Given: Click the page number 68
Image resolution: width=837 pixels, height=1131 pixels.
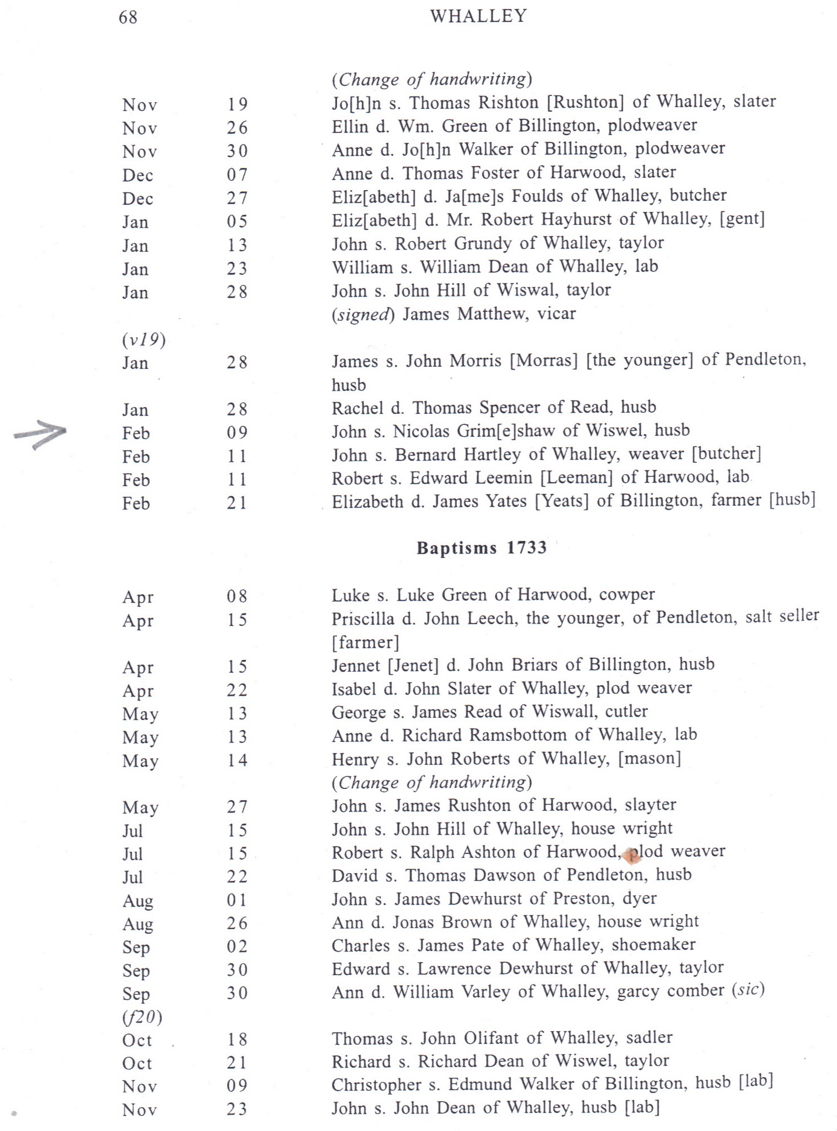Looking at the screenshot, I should [x=128, y=17].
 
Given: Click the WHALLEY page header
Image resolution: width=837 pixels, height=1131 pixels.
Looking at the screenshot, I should [x=478, y=16].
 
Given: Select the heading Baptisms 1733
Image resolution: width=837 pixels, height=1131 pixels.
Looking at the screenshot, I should [x=481, y=547].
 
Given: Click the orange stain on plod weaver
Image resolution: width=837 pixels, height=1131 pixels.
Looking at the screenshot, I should [x=632, y=855].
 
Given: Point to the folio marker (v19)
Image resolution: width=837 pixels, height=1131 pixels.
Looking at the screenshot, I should [x=144, y=340].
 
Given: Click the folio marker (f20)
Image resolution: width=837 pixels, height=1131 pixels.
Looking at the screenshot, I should [x=142, y=1016].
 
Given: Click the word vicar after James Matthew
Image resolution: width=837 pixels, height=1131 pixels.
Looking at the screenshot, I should [x=556, y=313].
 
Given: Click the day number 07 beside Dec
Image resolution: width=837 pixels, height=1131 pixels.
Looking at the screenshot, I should [x=237, y=174].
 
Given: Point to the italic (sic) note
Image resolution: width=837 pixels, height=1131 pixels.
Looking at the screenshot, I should [x=748, y=990].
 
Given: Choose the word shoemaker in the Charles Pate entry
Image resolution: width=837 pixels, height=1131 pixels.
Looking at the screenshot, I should [x=653, y=944].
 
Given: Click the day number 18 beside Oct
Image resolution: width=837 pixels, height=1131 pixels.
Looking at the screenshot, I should [x=237, y=1039].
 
